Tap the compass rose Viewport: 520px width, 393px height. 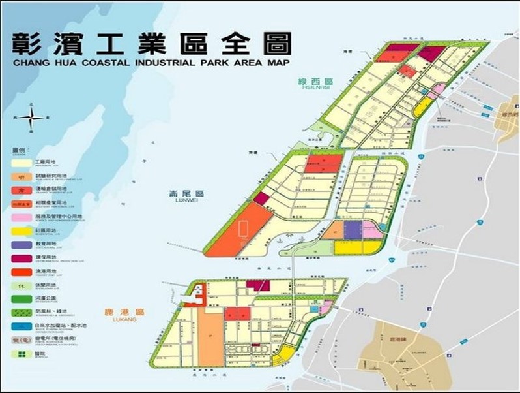(x=32, y=118)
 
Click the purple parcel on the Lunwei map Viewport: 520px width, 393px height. (x=353, y=229)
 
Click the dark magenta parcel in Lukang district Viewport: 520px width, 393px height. (x=258, y=285)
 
